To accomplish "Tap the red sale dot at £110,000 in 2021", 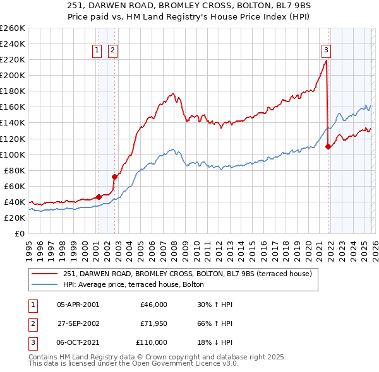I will (328, 146).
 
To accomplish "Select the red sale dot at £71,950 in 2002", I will (114, 177).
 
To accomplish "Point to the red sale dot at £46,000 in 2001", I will (99, 197).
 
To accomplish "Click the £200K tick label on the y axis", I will (13, 75).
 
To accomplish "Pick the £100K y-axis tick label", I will (13, 154).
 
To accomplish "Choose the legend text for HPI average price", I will (133, 285).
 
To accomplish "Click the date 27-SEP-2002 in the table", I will (78, 323).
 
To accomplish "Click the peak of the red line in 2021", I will (326, 61).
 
